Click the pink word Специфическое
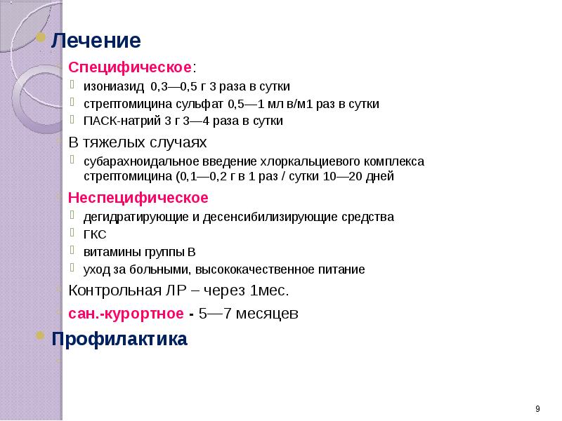[129, 68]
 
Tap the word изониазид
[113, 88]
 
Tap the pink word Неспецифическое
[138, 196]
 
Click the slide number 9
[537, 409]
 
